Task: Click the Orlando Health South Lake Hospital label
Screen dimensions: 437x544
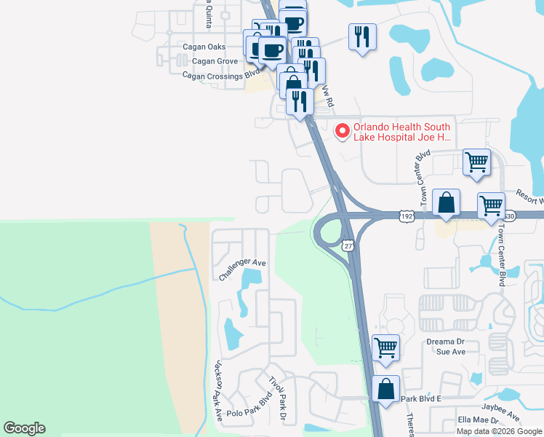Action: click(x=402, y=131)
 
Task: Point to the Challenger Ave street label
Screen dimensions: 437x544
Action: click(x=243, y=269)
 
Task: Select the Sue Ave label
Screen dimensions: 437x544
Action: click(x=450, y=351)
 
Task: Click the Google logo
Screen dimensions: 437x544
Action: click(x=24, y=428)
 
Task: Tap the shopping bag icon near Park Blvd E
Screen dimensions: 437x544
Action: click(x=385, y=389)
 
